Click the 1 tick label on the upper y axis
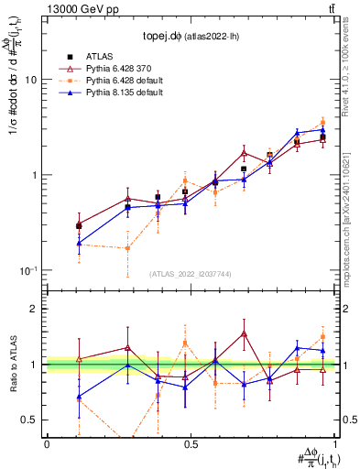pyautogui.click(x=36, y=175)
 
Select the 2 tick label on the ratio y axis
pyautogui.click(x=36, y=309)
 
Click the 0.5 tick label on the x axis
pyautogui.click(x=191, y=444)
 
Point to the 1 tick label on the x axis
pyautogui.click(x=335, y=444)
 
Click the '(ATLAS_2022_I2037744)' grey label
pyautogui.click(x=191, y=274)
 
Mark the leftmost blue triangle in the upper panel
pyautogui.click(x=79, y=243)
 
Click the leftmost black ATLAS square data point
pyautogui.click(x=79, y=225)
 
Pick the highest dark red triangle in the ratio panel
pyautogui.click(x=245, y=333)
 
